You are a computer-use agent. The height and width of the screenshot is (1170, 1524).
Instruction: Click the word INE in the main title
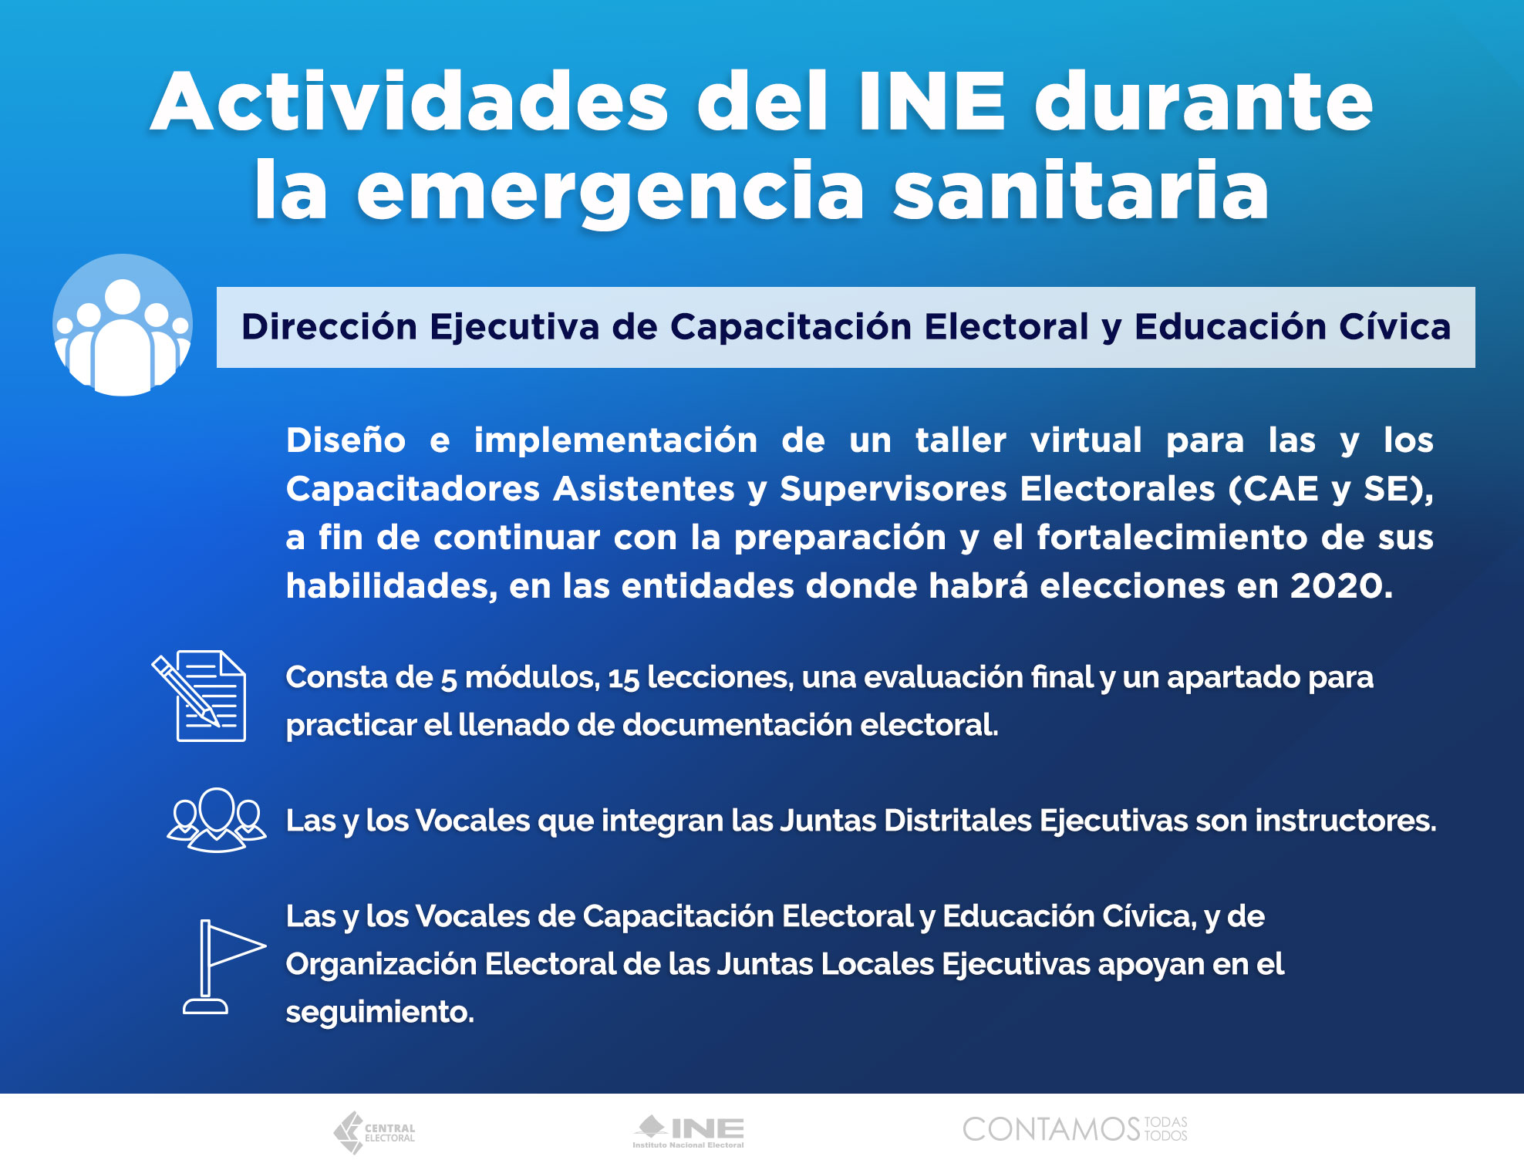point(932,102)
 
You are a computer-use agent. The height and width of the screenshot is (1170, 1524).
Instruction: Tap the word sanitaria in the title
point(1081,191)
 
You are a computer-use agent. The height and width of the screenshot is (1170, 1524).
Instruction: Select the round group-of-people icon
point(123,325)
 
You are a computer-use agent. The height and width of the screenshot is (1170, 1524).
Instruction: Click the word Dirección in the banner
point(329,326)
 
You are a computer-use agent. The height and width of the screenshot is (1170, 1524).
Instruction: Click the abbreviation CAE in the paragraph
point(1280,489)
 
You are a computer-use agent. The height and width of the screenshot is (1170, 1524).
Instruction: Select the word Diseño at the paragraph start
point(346,440)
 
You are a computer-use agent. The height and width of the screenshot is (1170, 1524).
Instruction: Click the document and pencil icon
point(200,696)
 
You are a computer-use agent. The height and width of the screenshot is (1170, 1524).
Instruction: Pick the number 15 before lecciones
point(623,679)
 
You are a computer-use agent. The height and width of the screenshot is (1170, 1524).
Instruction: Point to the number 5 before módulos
point(448,679)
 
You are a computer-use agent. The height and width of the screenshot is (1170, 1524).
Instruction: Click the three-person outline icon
point(217,820)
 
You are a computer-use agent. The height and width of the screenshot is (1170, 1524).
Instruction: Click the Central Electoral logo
point(374,1132)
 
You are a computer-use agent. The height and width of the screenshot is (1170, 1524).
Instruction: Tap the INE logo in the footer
point(688,1131)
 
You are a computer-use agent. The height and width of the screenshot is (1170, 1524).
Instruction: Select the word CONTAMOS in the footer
point(1051,1130)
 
